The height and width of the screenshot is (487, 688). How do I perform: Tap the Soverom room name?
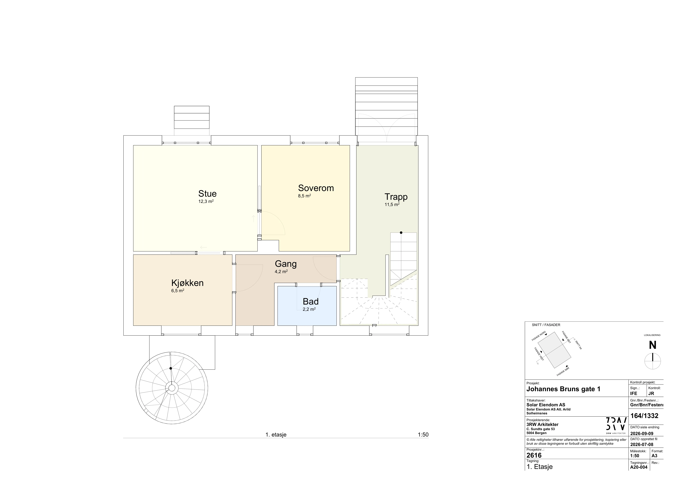point(316,188)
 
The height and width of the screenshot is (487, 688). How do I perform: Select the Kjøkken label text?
point(188,283)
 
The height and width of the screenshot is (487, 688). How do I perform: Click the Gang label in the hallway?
point(286,264)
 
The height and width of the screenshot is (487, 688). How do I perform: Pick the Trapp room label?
point(396,197)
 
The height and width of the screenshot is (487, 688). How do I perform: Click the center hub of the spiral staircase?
point(172,388)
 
